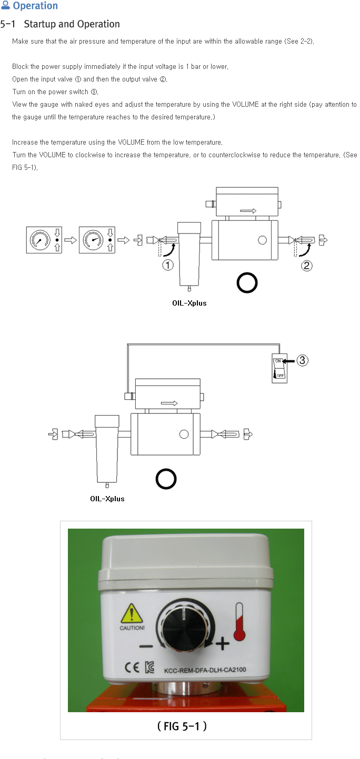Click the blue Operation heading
[x=35, y=6]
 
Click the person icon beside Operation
[x=5, y=5]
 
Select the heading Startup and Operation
[x=72, y=24]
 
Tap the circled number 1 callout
[x=168, y=265]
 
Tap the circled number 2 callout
[x=307, y=265]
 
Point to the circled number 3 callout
[x=303, y=360]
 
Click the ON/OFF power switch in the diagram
[x=279, y=368]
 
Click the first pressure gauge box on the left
[x=44, y=240]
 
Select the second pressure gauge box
[x=97, y=240]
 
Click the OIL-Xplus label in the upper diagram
[x=189, y=303]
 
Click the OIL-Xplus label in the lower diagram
[x=107, y=499]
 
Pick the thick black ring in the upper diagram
[x=247, y=273]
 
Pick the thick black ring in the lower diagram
[x=166, y=469]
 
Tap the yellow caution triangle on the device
[x=132, y=614]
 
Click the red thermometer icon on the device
[x=239, y=622]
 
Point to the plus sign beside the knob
[x=223, y=643]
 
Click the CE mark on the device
[x=132, y=667]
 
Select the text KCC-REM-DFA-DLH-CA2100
[x=205, y=670]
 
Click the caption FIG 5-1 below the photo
[x=182, y=726]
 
